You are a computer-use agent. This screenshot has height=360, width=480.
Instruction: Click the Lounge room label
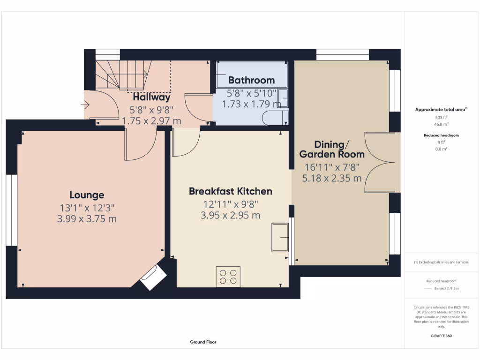click(87, 195)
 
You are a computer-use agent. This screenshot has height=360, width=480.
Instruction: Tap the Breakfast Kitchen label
click(230, 191)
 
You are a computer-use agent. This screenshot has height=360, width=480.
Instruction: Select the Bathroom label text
click(251, 80)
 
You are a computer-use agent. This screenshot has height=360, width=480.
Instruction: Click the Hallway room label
click(151, 97)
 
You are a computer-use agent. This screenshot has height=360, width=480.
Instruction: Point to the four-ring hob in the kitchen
click(228, 277)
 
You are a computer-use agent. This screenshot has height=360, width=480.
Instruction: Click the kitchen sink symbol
click(280, 238)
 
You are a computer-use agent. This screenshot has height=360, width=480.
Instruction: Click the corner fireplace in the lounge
click(153, 277)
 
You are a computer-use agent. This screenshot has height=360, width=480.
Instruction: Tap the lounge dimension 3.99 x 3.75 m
click(87, 218)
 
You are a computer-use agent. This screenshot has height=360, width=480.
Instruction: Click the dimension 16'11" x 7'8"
click(332, 166)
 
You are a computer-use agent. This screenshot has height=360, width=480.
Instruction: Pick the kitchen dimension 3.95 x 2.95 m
click(230, 215)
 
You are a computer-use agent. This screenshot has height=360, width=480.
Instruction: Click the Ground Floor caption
click(203, 342)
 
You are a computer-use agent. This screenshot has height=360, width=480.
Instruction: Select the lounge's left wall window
click(12, 210)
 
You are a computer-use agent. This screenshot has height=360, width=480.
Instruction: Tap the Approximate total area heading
click(440, 110)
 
